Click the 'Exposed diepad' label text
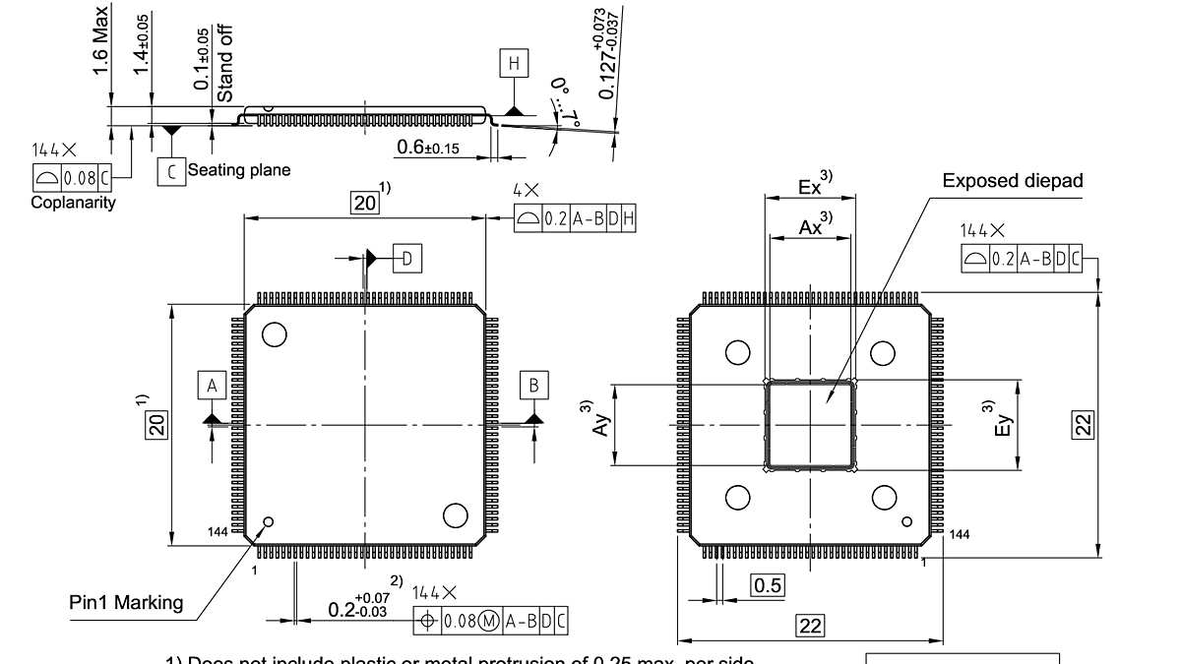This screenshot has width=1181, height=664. (x=1013, y=181)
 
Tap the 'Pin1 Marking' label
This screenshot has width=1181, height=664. (x=126, y=602)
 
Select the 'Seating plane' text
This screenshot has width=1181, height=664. (x=239, y=170)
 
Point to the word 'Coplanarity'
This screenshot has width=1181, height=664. (x=73, y=203)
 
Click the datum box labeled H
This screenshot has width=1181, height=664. (x=513, y=65)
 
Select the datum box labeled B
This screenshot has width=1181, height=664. (x=534, y=385)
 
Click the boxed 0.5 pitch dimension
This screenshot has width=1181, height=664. (x=768, y=585)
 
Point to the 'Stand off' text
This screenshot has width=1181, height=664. (x=225, y=64)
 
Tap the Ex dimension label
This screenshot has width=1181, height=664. (x=811, y=185)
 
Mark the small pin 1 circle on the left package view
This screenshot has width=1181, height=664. (x=269, y=521)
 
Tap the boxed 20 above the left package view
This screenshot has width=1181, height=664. (x=365, y=204)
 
